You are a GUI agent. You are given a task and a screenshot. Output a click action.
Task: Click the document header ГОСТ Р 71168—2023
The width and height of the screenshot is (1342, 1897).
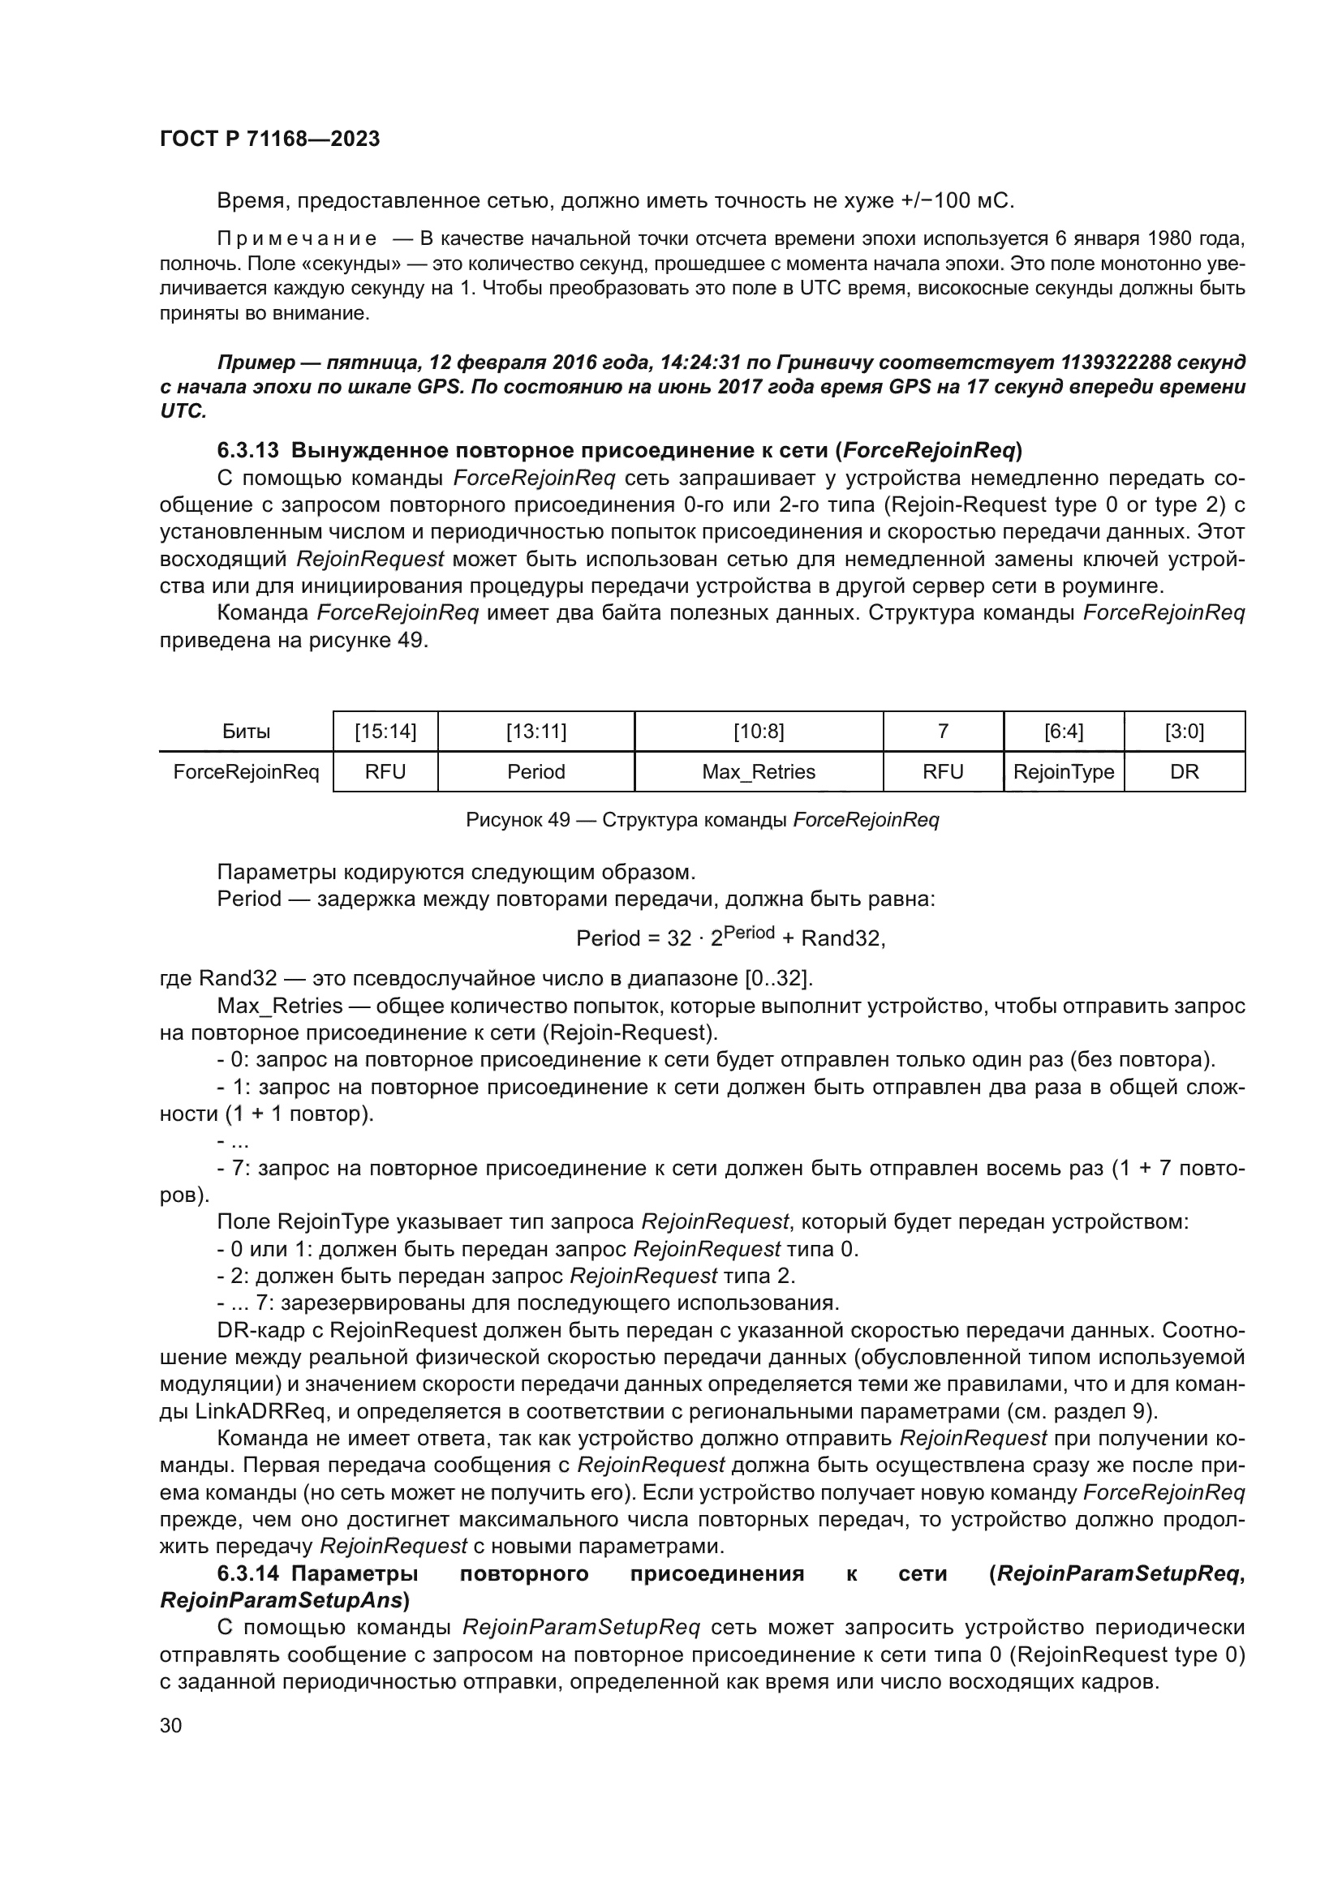tap(269, 139)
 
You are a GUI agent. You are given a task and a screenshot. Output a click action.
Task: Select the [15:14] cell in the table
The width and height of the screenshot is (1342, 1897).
tap(385, 732)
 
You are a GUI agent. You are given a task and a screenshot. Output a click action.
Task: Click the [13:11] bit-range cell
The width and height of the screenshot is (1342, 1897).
tap(536, 732)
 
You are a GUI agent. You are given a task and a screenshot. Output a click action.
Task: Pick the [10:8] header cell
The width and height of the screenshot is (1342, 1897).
tap(758, 732)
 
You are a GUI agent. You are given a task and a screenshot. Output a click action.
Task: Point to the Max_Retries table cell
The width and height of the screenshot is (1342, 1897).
tap(758, 771)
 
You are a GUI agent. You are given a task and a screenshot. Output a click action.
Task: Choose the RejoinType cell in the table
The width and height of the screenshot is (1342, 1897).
tap(1063, 771)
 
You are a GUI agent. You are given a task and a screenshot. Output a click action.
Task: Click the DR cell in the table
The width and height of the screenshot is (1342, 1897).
tap(1183, 771)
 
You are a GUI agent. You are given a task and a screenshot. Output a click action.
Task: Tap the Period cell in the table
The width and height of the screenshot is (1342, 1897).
tap(536, 771)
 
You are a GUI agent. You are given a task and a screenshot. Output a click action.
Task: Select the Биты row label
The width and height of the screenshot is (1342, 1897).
tap(247, 732)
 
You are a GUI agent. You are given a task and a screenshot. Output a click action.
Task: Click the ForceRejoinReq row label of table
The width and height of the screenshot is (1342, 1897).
tap(247, 771)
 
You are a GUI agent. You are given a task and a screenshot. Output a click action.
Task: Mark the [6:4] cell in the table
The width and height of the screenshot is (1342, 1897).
tap(1063, 732)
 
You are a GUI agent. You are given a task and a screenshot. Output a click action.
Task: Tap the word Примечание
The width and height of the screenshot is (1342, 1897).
tap(297, 239)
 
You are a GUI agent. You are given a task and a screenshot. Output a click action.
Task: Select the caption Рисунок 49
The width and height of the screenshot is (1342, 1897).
tap(518, 820)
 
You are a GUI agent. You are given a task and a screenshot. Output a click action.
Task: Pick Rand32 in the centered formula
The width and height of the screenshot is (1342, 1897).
tap(841, 938)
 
